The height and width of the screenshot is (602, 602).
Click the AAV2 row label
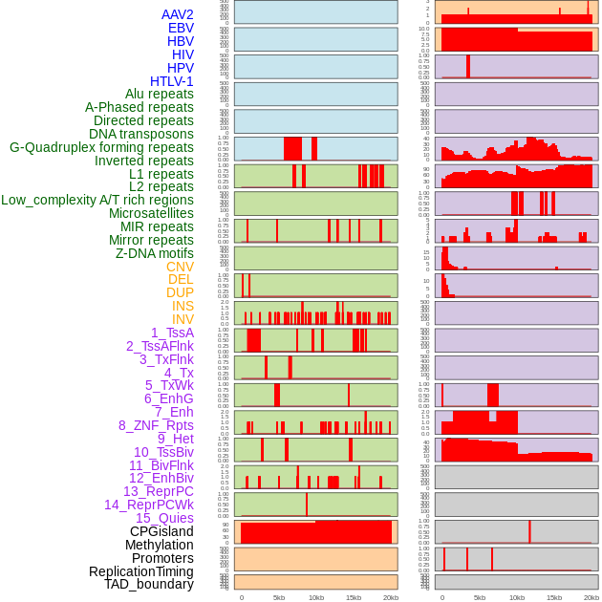178,14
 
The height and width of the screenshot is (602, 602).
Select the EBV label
181,28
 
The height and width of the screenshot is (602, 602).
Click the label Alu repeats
160,94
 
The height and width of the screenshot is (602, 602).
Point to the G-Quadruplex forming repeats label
101,147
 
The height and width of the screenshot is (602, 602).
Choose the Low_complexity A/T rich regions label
97,200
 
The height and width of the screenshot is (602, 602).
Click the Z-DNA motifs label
155,253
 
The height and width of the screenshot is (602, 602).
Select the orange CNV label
180,267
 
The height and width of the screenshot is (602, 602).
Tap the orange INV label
183,319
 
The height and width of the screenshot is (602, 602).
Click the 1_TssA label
172,333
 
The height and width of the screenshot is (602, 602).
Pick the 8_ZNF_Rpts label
156,425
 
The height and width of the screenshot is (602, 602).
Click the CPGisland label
161,531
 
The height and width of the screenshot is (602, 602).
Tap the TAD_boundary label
149,584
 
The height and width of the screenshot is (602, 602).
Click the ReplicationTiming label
141,571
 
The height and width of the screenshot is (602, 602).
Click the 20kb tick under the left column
390,597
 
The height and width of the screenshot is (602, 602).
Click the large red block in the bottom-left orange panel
315,532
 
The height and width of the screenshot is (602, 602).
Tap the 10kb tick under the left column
315,597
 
